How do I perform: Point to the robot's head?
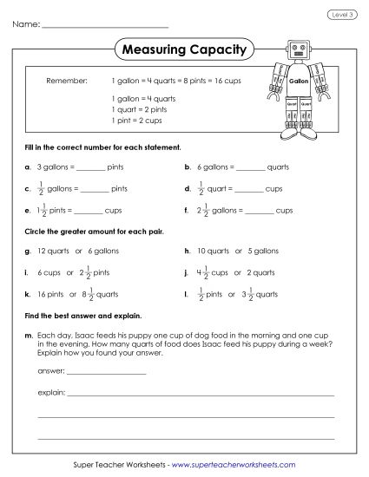coord(298,49)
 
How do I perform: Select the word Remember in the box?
coord(66,80)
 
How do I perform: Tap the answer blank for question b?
coord(250,166)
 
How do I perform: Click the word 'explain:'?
coord(51,392)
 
